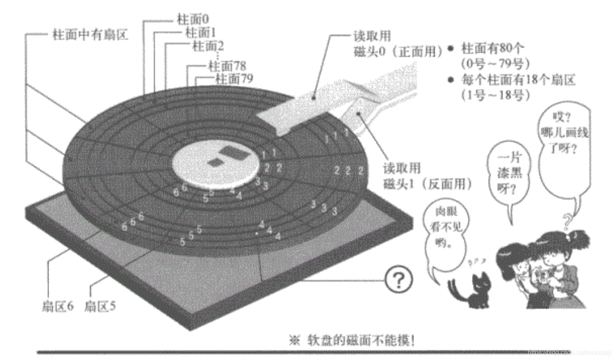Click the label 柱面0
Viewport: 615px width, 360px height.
(x=193, y=19)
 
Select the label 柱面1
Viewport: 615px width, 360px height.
(x=201, y=32)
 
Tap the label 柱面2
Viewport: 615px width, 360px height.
(x=208, y=46)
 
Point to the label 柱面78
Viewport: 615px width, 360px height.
(x=227, y=66)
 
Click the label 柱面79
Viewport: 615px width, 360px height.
(x=234, y=79)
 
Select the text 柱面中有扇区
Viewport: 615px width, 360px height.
(x=90, y=35)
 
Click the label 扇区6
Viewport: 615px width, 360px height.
(x=58, y=306)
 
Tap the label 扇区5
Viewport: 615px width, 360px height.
(x=100, y=306)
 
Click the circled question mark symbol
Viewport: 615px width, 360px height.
(x=399, y=279)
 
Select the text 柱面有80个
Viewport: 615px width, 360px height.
(x=493, y=49)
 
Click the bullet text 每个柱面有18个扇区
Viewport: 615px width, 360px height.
(x=518, y=80)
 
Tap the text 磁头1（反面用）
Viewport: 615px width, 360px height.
(x=427, y=184)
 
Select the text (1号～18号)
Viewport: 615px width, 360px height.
(x=495, y=96)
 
